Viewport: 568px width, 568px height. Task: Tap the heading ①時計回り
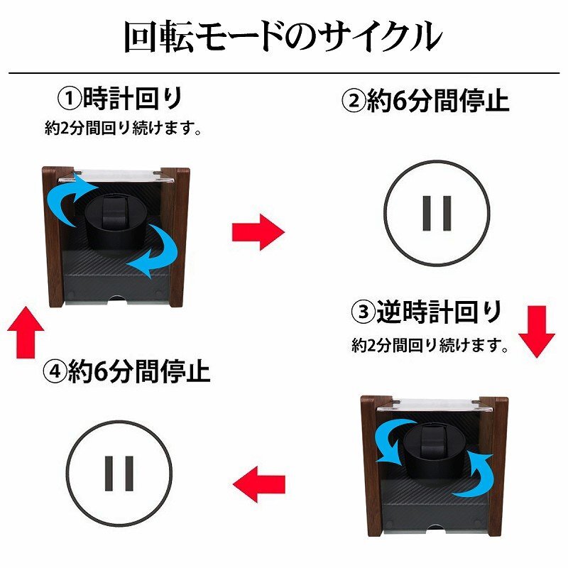(121, 99)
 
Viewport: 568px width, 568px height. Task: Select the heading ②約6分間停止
(425, 100)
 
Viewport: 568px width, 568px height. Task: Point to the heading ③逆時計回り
(427, 312)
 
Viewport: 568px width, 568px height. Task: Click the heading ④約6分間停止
(126, 371)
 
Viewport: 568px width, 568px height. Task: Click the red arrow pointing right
(258, 232)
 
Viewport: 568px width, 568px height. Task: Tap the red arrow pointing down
(537, 332)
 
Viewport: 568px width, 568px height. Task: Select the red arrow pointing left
(258, 484)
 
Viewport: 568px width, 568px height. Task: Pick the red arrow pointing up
(26, 332)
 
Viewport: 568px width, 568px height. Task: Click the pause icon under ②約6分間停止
(437, 214)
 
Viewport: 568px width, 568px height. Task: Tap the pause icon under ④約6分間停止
(119, 474)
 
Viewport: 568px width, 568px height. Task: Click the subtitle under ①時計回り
(123, 128)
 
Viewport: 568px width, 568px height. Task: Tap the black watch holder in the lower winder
(435, 453)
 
